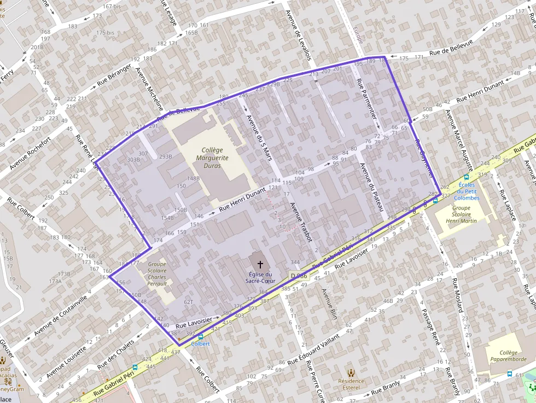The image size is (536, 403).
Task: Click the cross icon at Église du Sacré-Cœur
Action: tap(260, 264)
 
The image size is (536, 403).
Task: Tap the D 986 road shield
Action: tap(299, 276)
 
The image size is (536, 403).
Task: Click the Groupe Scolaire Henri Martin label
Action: tap(457, 214)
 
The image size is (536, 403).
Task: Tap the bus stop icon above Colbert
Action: tap(201, 337)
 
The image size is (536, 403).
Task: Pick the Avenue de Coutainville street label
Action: tap(60, 316)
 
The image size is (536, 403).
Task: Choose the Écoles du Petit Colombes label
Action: tap(467, 191)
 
